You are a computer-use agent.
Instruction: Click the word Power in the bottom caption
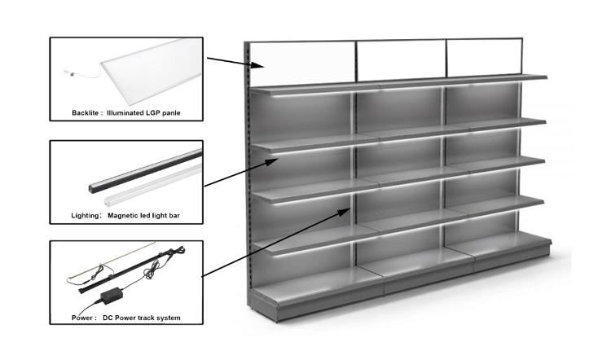click(84, 317)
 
